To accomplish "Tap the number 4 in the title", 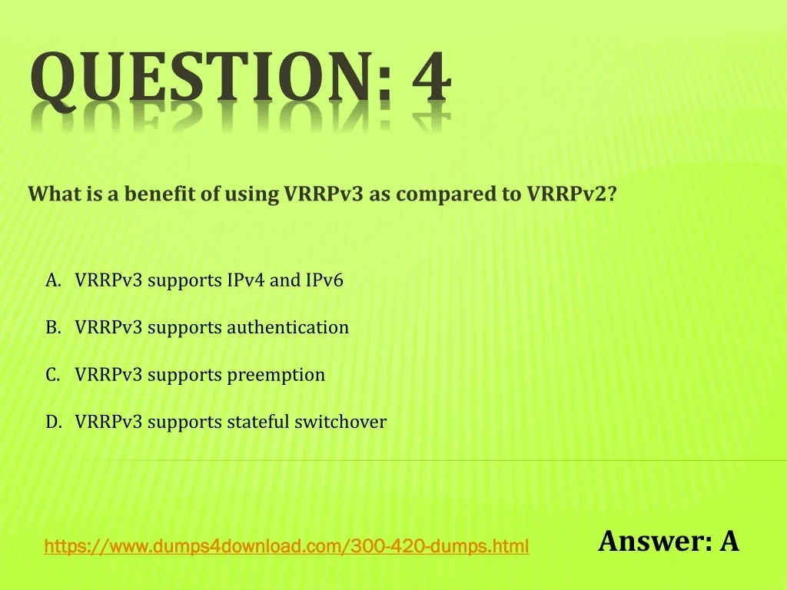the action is [x=432, y=76].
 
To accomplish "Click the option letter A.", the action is [x=53, y=280].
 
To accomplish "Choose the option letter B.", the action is [x=53, y=327].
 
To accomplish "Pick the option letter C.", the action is [x=53, y=374].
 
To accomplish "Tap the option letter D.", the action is [x=54, y=422].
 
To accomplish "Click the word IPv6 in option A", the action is [x=324, y=280].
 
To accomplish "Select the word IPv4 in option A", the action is [x=245, y=280].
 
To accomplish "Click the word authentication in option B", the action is [x=288, y=327].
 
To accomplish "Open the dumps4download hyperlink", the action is [x=287, y=546].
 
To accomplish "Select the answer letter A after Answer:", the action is [x=729, y=541].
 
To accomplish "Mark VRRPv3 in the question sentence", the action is [x=324, y=194].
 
